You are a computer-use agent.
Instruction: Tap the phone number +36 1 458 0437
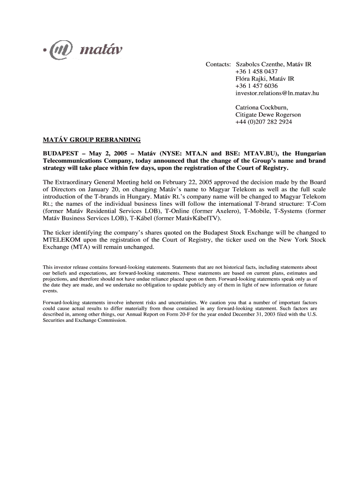tap(257, 71)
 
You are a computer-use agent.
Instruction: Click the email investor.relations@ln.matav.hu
tap(277, 94)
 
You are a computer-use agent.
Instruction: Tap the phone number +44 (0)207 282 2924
tap(264, 122)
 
